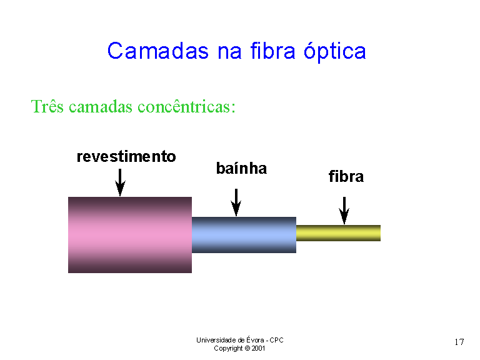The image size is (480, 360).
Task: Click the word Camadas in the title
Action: click(x=158, y=51)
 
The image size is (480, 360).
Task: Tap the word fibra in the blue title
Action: click(x=273, y=50)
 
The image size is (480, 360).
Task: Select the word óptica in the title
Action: click(x=335, y=51)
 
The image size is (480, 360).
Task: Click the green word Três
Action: click(x=47, y=106)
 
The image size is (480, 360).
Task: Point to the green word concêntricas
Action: click(x=187, y=106)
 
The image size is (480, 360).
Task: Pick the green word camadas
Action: click(x=101, y=107)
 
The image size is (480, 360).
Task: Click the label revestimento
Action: click(x=126, y=156)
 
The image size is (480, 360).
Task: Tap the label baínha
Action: click(x=241, y=168)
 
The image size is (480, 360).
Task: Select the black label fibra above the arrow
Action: click(x=346, y=176)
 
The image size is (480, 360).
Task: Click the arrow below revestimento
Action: click(x=120, y=182)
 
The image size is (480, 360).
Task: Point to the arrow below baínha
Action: click(x=236, y=202)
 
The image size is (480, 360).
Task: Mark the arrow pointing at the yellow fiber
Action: click(x=344, y=211)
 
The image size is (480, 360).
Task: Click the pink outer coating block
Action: click(x=130, y=235)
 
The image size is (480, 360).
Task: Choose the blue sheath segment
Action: click(x=244, y=235)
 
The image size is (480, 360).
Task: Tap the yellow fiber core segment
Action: click(x=338, y=233)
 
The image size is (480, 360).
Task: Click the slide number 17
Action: click(x=459, y=342)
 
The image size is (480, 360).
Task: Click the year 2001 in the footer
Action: click(x=258, y=348)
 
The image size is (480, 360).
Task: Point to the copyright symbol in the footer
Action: click(x=247, y=348)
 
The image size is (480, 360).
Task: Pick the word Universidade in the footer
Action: click(x=216, y=340)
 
